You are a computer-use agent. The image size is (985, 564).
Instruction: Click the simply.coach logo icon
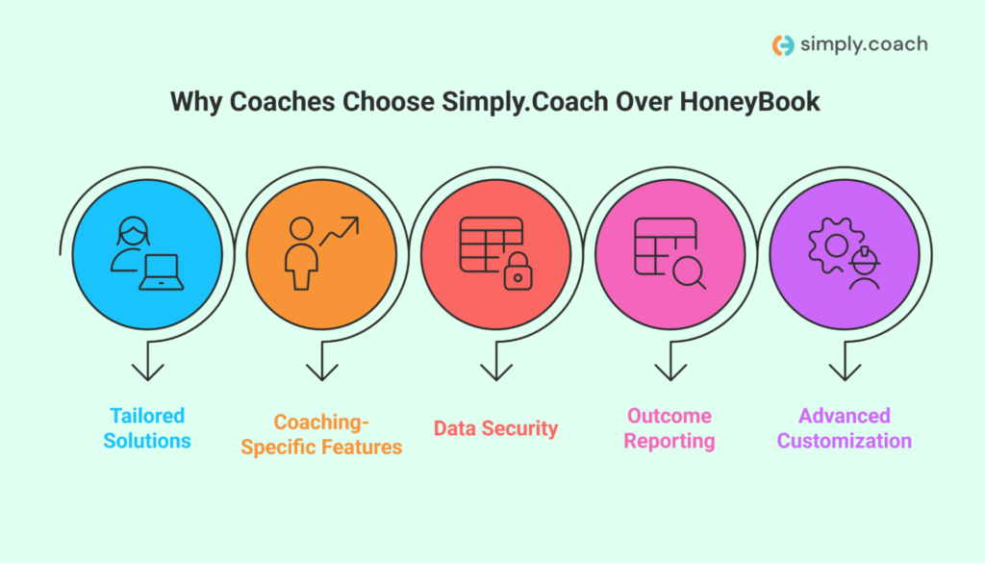coord(784,45)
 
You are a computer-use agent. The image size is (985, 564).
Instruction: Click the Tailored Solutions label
coord(147,428)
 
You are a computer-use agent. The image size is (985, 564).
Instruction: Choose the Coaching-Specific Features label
coord(321,434)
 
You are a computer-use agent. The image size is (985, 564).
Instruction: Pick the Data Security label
coord(495,428)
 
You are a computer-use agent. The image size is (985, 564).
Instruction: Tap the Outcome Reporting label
coord(669,428)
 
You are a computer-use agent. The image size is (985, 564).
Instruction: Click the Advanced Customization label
coord(844,428)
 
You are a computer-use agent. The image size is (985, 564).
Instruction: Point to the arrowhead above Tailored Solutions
coord(147,371)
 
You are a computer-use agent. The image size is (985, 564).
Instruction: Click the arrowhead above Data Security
coord(495,371)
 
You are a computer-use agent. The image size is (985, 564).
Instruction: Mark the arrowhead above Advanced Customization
coord(844,371)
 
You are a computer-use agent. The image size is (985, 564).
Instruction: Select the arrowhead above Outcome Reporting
coord(669,371)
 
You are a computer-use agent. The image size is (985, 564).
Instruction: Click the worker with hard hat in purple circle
coord(865,269)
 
